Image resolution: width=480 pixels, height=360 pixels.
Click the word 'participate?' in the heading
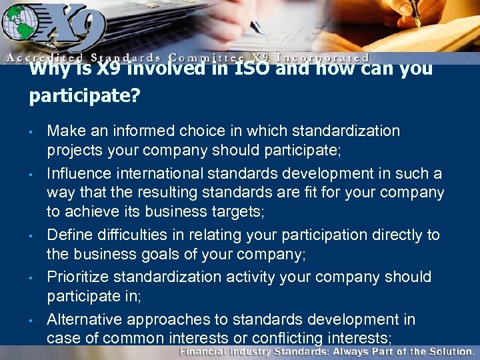click(x=84, y=96)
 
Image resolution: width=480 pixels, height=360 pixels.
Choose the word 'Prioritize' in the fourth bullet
click(x=77, y=277)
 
